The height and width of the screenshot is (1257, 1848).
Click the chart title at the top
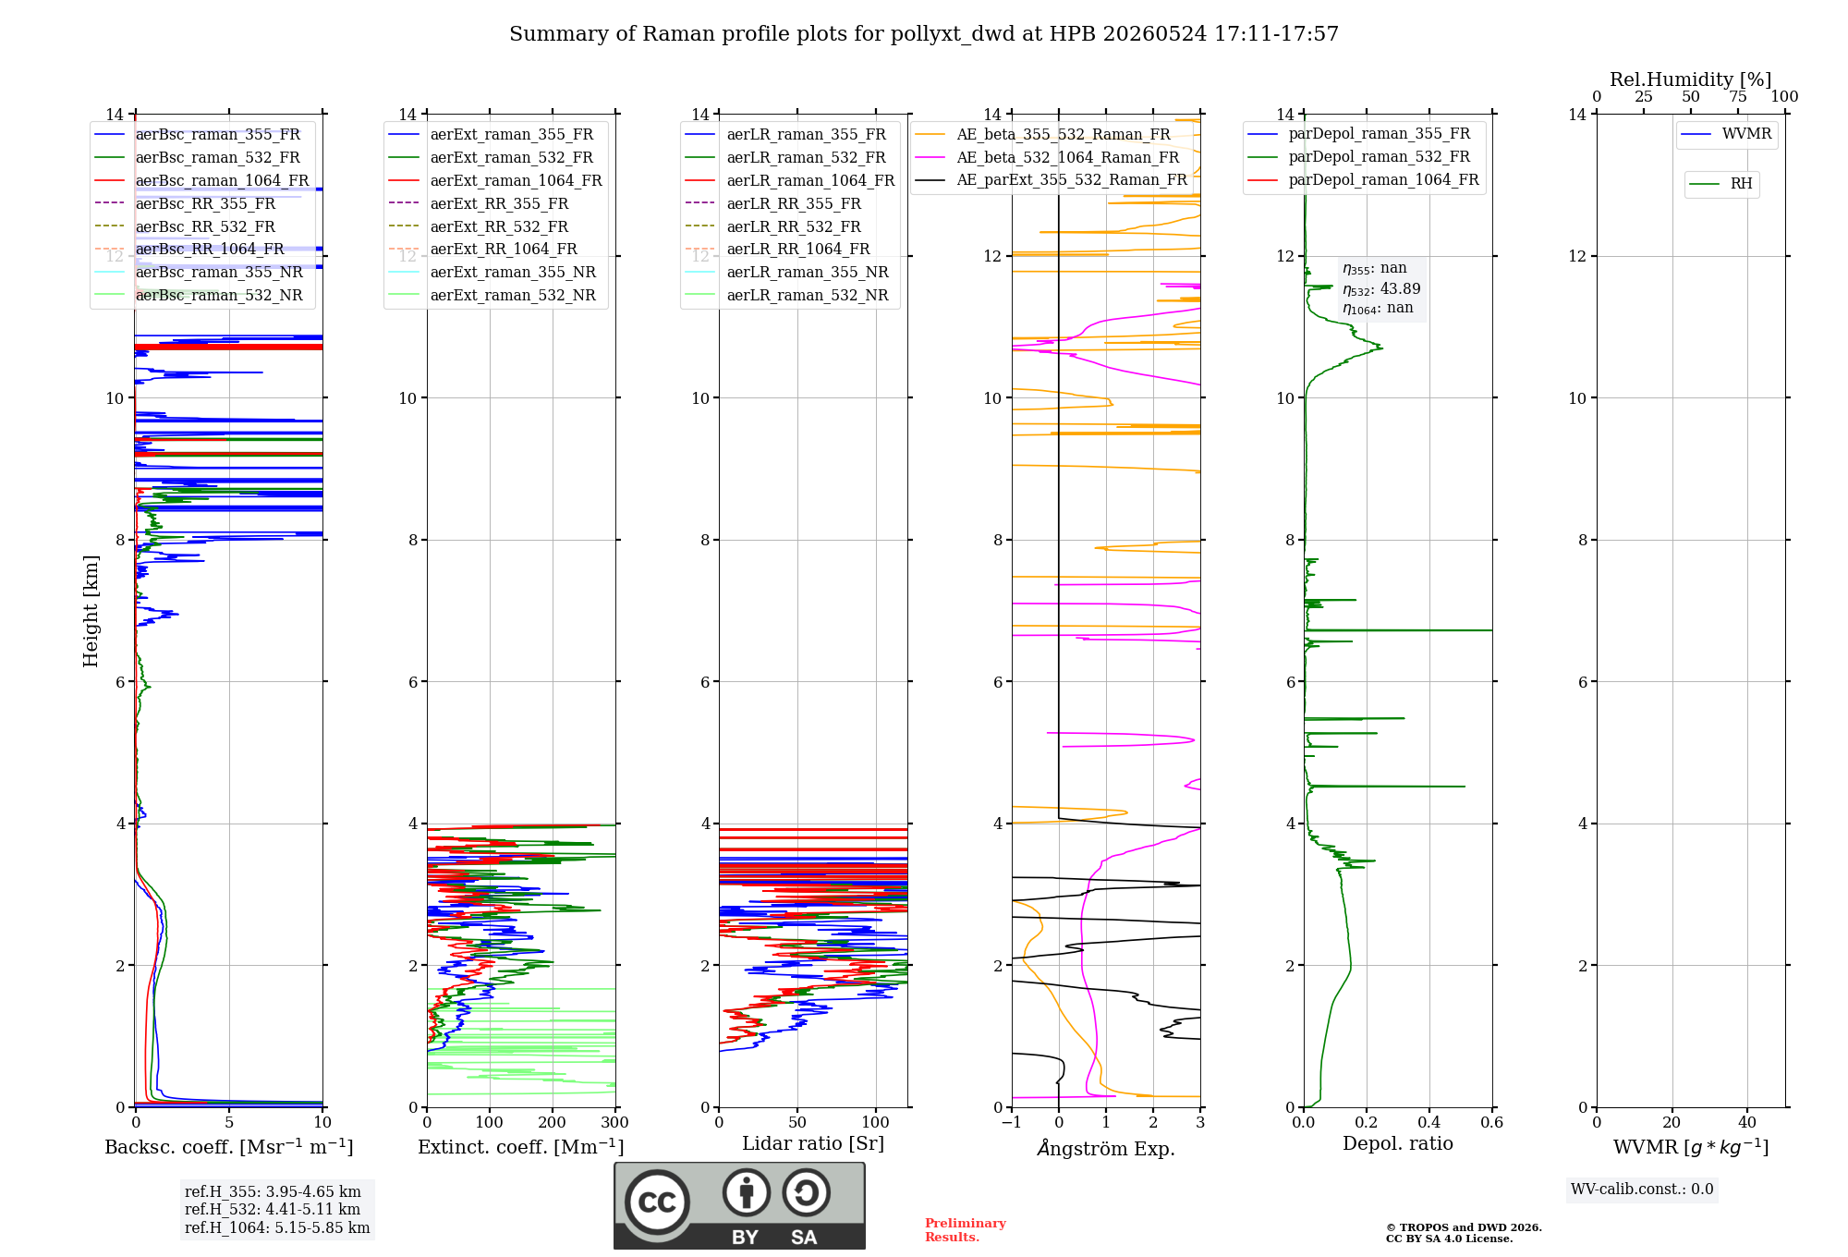click(x=924, y=34)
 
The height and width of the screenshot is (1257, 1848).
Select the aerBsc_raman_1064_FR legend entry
click(x=201, y=180)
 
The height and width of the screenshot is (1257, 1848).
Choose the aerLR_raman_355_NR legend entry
click(x=787, y=272)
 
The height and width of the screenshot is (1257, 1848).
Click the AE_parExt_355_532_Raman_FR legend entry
click(x=1052, y=179)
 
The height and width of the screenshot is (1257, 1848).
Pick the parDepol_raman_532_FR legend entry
click(x=1359, y=156)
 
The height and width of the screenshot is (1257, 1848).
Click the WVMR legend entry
click(x=1727, y=134)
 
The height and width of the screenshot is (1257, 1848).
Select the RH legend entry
click(x=1721, y=184)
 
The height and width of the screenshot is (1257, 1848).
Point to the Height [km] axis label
click(x=91, y=611)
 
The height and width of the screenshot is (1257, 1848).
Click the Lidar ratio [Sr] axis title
click(x=813, y=1143)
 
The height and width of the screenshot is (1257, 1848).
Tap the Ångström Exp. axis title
click(x=1106, y=1148)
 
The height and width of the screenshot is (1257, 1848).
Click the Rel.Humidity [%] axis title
click(x=1691, y=79)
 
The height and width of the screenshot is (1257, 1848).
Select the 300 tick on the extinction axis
click(x=615, y=1122)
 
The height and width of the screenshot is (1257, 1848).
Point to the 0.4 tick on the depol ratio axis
click(x=1429, y=1122)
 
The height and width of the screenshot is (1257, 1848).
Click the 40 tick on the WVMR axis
click(x=1747, y=1122)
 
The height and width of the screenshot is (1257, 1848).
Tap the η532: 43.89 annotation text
click(x=1381, y=288)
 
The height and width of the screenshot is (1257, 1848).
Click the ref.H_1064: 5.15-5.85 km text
click(x=277, y=1227)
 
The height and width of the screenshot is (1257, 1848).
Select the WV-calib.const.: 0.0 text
click(x=1642, y=1189)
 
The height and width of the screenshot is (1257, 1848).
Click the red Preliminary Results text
click(x=966, y=1229)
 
